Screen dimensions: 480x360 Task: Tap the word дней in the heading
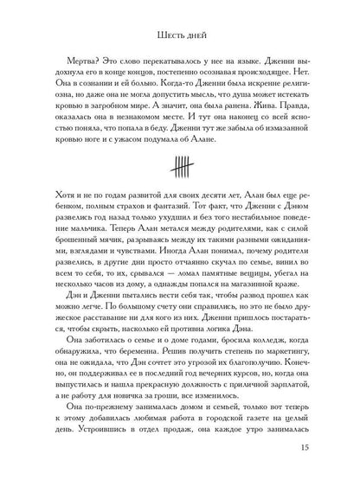196,36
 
